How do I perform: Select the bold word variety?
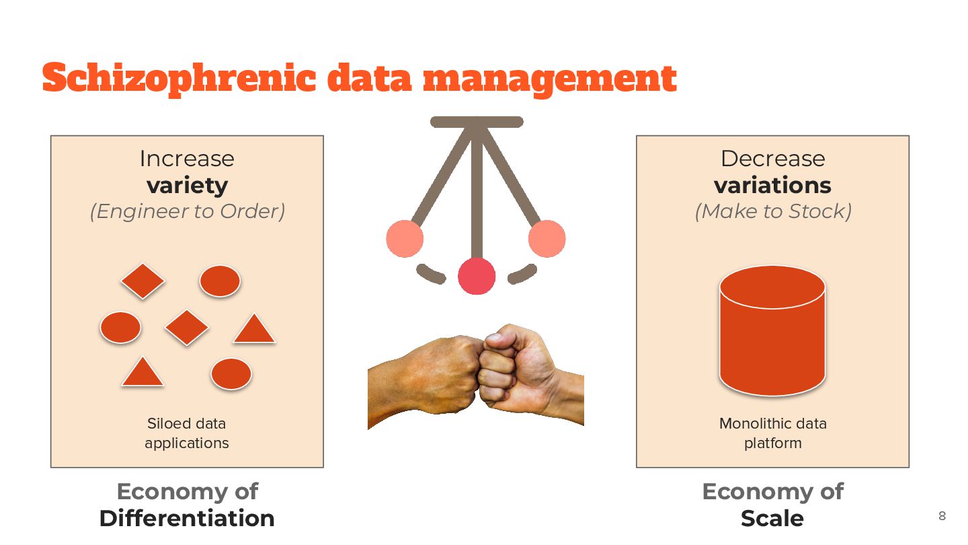tap(187, 185)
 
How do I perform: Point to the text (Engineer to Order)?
tap(187, 211)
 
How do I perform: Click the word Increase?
tap(187, 159)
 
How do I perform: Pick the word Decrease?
tap(772, 159)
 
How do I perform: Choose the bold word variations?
tap(772, 185)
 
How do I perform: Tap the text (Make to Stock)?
tap(772, 211)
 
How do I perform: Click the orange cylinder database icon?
tap(772, 333)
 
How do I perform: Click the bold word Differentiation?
tap(187, 518)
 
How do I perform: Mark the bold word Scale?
tap(772, 518)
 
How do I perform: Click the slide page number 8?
tap(942, 516)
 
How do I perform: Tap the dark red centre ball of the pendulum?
tap(477, 276)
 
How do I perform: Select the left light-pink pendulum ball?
tap(405, 239)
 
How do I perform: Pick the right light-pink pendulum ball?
tap(547, 239)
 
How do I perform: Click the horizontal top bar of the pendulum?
tap(477, 122)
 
